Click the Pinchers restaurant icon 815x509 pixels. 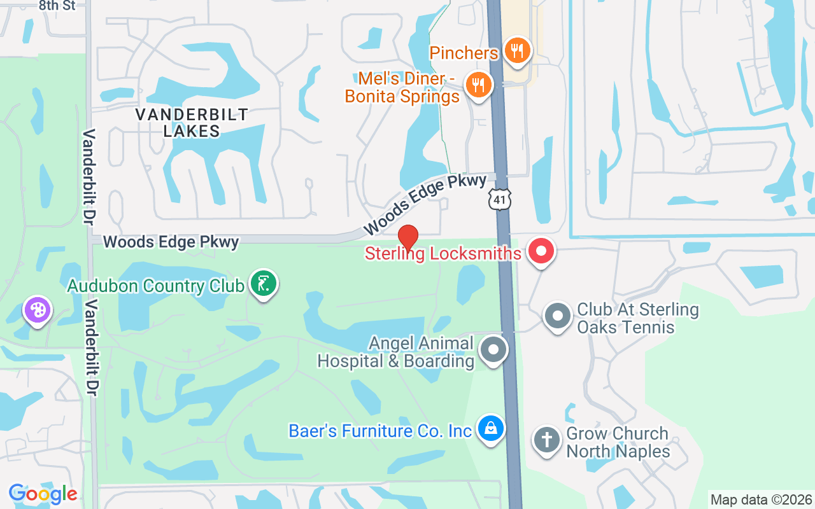517,51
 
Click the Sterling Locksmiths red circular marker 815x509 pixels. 541,251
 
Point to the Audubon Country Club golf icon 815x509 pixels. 263,283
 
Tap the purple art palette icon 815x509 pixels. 38,310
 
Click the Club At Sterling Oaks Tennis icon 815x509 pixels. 558,316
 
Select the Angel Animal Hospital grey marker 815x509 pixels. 493,350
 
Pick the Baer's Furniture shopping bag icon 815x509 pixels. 491,429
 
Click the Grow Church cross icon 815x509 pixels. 547,440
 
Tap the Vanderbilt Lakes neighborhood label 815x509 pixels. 192,123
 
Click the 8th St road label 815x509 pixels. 57,6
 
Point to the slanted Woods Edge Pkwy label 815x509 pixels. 425,204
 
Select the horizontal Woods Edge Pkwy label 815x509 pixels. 171,242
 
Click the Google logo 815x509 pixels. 43,494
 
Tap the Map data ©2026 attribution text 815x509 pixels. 762,499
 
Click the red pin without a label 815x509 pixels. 407,238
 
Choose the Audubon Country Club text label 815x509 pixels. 156,286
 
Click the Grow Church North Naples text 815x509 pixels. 618,442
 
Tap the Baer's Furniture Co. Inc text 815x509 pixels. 380,431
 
